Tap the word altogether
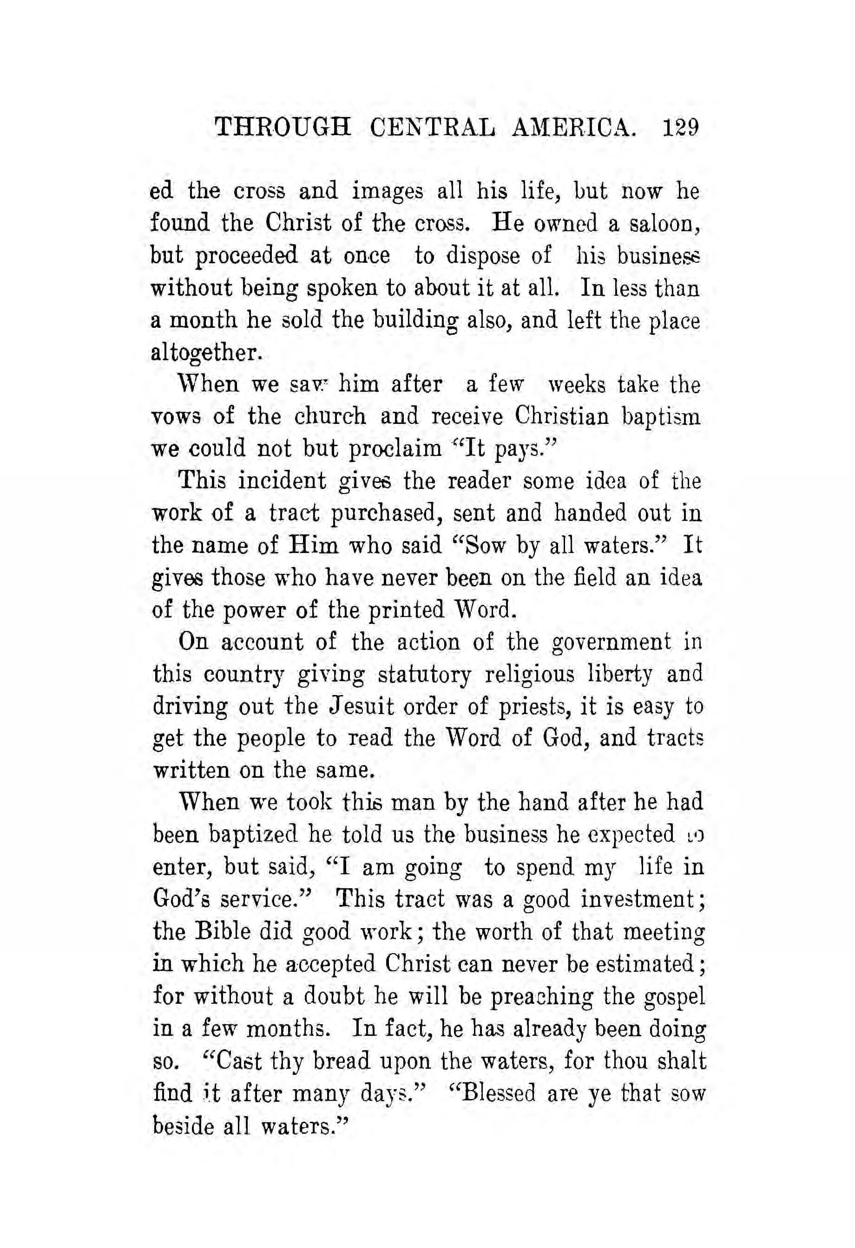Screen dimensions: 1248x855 [207, 353]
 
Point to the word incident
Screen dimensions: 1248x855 [282, 481]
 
